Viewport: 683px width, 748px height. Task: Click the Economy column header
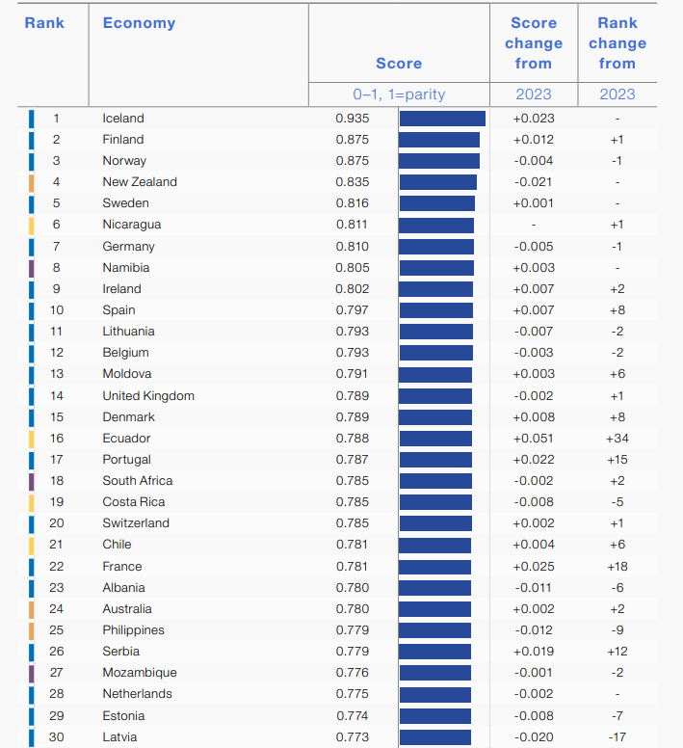(139, 23)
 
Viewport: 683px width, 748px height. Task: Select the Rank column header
(44, 22)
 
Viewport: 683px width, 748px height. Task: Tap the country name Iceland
(123, 119)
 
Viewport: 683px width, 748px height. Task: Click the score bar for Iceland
(442, 119)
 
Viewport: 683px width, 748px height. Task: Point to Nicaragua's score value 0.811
(352, 225)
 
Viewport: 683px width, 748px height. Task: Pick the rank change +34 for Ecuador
(617, 439)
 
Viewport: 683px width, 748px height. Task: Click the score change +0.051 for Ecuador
(534, 439)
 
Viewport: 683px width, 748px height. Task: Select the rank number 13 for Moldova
(56, 374)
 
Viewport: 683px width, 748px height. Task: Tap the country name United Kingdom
(148, 396)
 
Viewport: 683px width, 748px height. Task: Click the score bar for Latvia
(434, 737)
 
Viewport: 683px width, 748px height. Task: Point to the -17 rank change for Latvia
(617, 737)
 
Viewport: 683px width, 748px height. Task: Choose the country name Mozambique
(140, 673)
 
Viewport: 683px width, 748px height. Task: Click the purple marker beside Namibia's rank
(32, 268)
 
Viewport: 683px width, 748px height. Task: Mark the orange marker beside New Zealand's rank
(32, 182)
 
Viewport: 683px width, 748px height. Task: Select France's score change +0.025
(534, 567)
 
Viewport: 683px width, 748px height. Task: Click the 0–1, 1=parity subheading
(399, 94)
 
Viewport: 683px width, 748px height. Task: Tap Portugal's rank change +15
(617, 460)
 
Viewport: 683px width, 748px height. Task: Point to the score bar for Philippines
(434, 630)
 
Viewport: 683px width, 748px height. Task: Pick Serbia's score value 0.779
(352, 652)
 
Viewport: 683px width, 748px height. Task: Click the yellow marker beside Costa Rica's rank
(32, 502)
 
